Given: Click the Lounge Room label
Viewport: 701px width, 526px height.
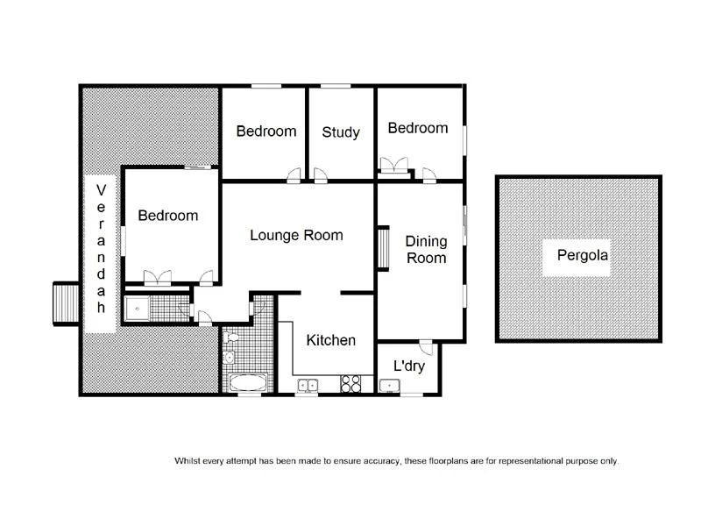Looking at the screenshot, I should (296, 235).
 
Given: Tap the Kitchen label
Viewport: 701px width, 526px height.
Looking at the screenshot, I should (330, 340).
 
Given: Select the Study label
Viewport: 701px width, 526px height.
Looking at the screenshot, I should (341, 132).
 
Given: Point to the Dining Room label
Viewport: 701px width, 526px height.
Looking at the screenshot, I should (425, 249).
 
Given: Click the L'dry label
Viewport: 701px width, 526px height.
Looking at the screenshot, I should (408, 366).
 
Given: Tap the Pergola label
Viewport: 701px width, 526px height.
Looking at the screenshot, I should (583, 257).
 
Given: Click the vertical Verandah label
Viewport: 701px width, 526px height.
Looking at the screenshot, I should (101, 249).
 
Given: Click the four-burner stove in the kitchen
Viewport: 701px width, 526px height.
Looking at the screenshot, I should (351, 383).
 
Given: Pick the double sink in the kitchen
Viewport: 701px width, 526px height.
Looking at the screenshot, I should (308, 384).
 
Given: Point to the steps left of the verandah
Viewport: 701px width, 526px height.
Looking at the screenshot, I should (66, 302).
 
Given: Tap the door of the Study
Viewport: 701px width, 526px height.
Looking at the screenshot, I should (321, 175).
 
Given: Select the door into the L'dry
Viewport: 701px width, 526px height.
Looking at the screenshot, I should (425, 345).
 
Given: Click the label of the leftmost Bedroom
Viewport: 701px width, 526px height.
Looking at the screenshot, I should (167, 216).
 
